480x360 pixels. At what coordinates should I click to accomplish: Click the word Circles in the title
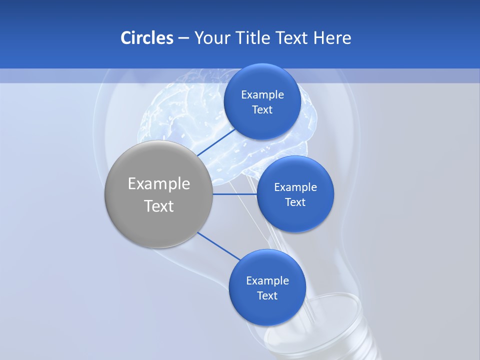click(x=146, y=38)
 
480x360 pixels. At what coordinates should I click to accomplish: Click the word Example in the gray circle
click(x=159, y=184)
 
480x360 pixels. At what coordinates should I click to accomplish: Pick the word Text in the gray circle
click(x=159, y=206)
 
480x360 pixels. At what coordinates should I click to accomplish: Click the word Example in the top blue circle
click(x=262, y=95)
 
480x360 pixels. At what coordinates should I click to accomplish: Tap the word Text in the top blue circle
click(x=262, y=110)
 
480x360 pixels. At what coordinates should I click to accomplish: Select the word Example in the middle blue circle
click(x=295, y=187)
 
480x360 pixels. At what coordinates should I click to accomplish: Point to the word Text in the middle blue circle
click(x=295, y=202)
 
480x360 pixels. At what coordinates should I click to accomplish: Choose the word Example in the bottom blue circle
click(x=267, y=281)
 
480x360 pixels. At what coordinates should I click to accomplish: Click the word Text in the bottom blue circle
click(x=267, y=296)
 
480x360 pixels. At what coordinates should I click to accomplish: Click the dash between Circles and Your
click(x=183, y=38)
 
